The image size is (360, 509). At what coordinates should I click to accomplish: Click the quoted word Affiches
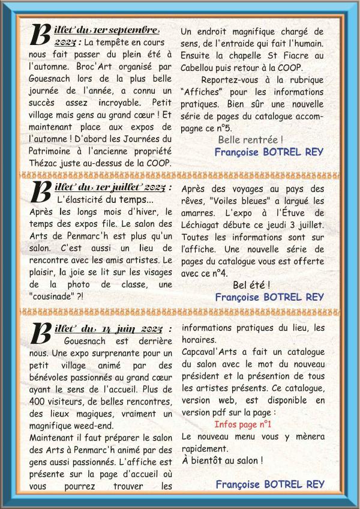(x=200, y=92)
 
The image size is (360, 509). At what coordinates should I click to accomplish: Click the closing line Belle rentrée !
(x=251, y=140)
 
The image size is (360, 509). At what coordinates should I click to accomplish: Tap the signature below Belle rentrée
(x=268, y=152)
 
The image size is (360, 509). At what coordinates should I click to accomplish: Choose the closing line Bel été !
(x=251, y=285)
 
